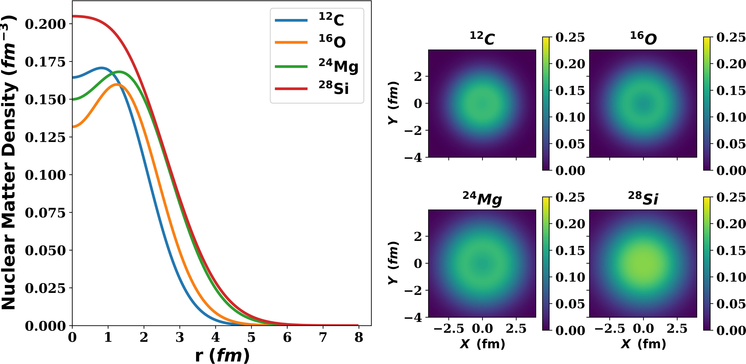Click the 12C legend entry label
331,20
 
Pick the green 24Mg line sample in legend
291,66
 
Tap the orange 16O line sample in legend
291,42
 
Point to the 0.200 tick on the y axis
45,24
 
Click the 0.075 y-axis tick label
45,213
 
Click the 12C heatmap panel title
482,38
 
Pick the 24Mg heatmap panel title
482,199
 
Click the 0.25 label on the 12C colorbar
570,38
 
